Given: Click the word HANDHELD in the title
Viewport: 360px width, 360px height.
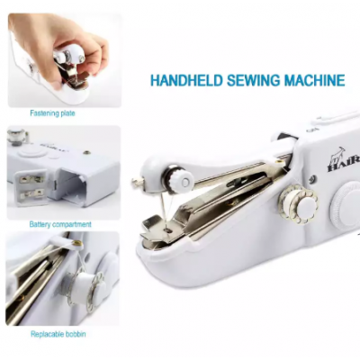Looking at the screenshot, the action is [x=186, y=80].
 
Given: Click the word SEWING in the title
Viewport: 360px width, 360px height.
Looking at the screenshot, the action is [x=253, y=80].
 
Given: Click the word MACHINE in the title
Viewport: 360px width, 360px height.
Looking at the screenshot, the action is [x=314, y=80].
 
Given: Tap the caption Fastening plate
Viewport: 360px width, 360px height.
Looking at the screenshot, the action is [x=52, y=113].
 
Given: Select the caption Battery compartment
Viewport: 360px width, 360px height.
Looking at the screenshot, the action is [x=60, y=224].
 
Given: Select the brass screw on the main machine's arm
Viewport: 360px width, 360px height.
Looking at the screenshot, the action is [x=281, y=162].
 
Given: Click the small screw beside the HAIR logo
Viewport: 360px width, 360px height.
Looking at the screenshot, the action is [x=312, y=179].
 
